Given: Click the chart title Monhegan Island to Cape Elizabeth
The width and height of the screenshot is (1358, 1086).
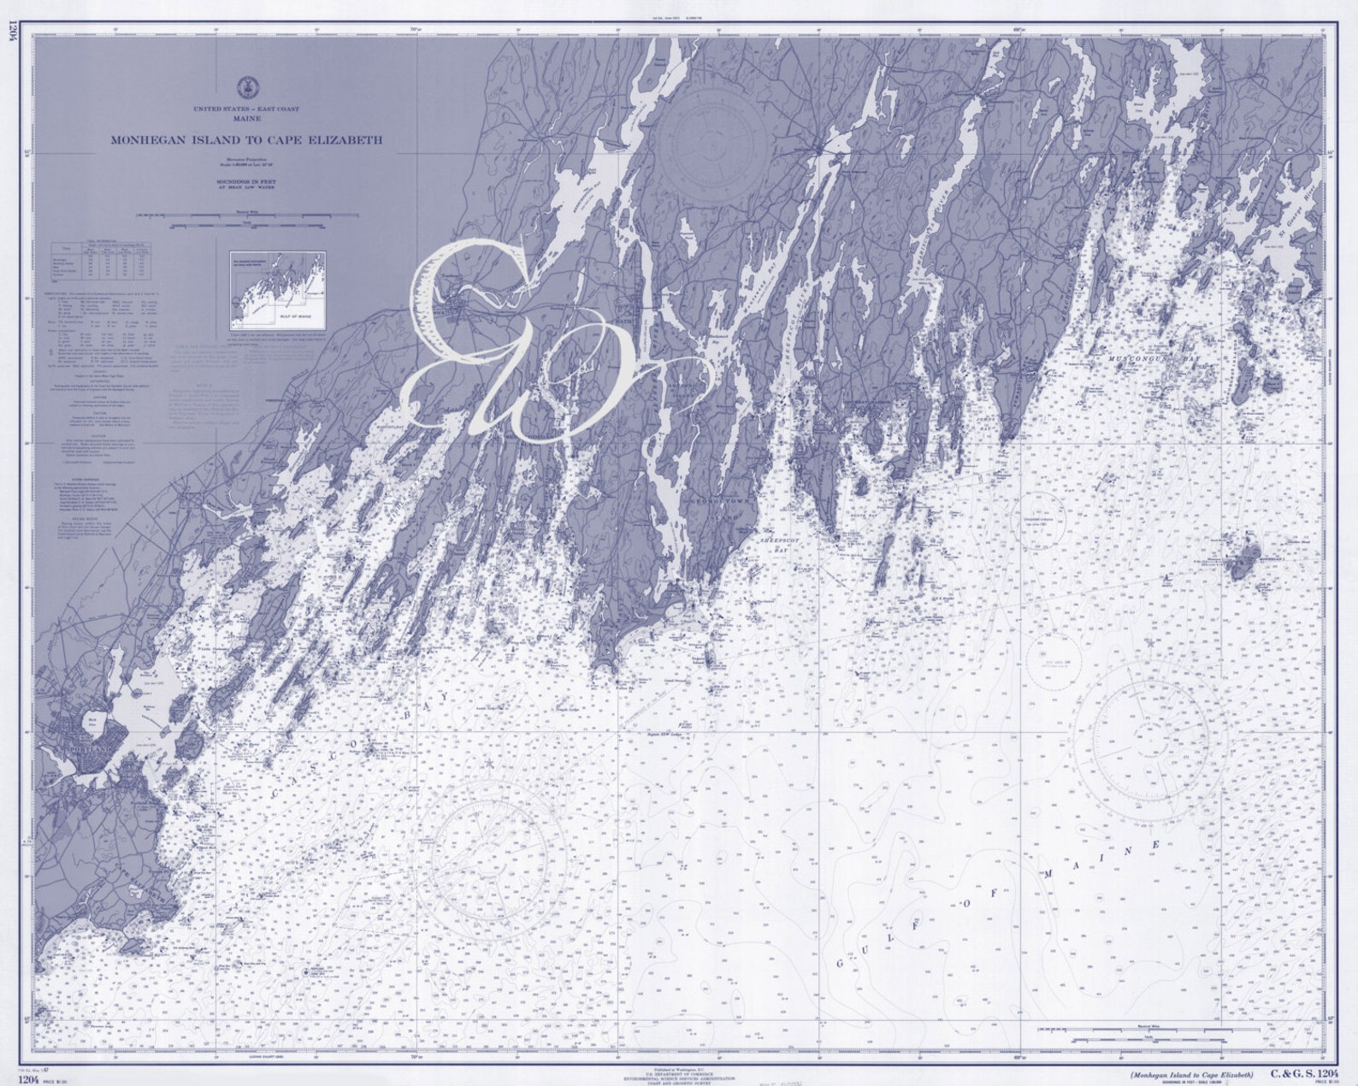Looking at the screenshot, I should (245, 140).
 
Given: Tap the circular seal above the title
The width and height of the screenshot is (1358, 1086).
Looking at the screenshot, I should (245, 86).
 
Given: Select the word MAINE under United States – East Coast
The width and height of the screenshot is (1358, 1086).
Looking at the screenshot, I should (245, 119).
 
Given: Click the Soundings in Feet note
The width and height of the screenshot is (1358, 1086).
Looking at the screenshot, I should (245, 182).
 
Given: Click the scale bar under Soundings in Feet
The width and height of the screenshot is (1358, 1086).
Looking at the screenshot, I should (245, 225).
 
